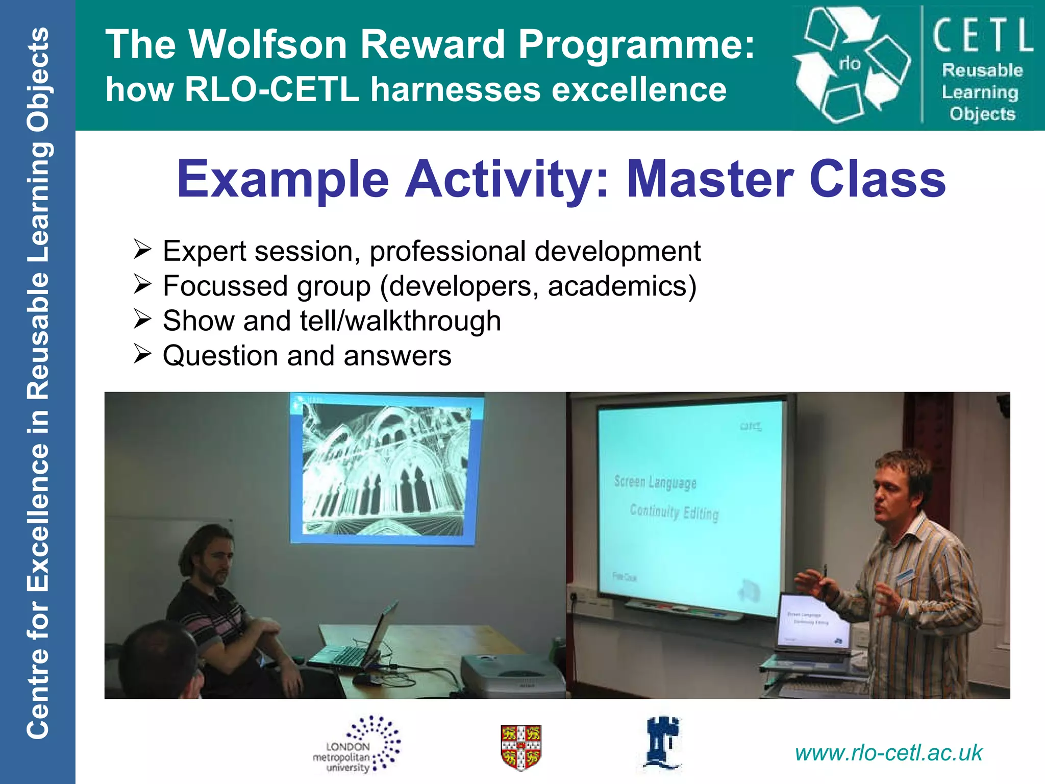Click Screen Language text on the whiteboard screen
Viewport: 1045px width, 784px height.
click(655, 482)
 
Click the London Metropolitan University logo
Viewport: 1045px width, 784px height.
click(357, 745)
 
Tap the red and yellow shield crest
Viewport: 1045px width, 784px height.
click(520, 747)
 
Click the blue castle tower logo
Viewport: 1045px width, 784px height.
click(662, 743)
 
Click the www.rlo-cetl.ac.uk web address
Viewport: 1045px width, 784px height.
click(888, 753)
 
